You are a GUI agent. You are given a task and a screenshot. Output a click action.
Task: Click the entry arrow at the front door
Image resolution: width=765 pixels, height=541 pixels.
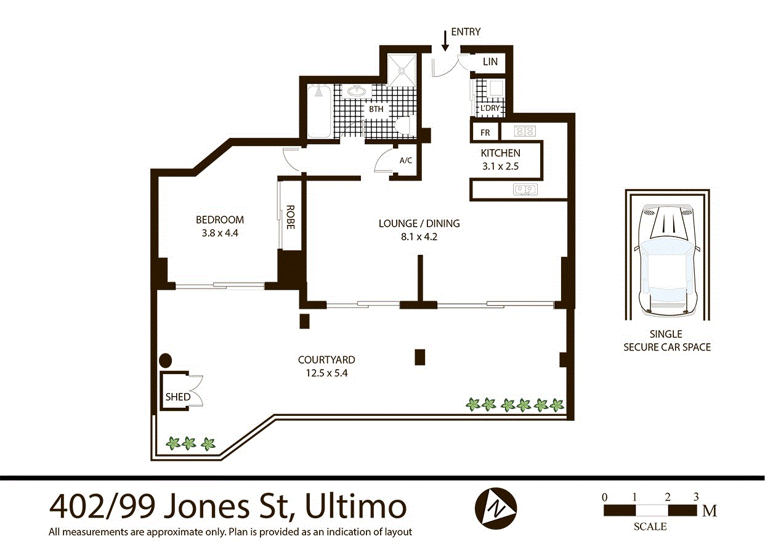tap(445, 41)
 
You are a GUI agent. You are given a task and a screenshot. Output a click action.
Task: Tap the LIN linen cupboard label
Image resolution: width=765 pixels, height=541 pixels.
tap(490, 62)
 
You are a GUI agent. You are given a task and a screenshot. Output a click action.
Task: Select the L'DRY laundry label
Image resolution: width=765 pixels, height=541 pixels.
tap(490, 108)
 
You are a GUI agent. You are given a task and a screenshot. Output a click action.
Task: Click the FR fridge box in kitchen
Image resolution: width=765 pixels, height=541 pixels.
tap(485, 132)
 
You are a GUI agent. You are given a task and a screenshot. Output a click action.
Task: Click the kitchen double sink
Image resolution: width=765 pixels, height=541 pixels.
tap(525, 189)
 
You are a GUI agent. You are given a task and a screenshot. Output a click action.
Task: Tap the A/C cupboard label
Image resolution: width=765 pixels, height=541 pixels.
tap(406, 160)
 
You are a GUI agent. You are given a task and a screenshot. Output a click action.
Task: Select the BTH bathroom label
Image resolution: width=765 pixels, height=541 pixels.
tap(376, 109)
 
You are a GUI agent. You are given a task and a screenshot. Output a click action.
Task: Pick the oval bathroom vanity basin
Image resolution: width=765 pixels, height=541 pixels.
tap(356, 92)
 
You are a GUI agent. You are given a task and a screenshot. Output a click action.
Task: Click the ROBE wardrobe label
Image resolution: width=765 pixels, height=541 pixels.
tap(290, 217)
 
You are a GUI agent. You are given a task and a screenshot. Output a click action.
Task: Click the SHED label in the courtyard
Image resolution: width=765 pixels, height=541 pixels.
tap(177, 397)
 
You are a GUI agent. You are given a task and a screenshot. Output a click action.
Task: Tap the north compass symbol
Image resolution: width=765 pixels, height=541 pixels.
tap(496, 508)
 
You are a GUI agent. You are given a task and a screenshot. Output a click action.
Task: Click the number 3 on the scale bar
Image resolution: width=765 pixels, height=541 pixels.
tap(696, 497)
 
